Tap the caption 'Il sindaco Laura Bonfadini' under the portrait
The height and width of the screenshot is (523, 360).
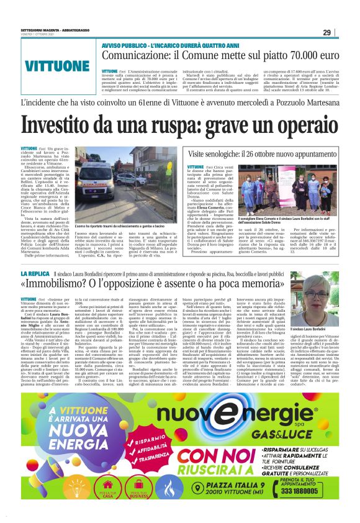323,328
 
